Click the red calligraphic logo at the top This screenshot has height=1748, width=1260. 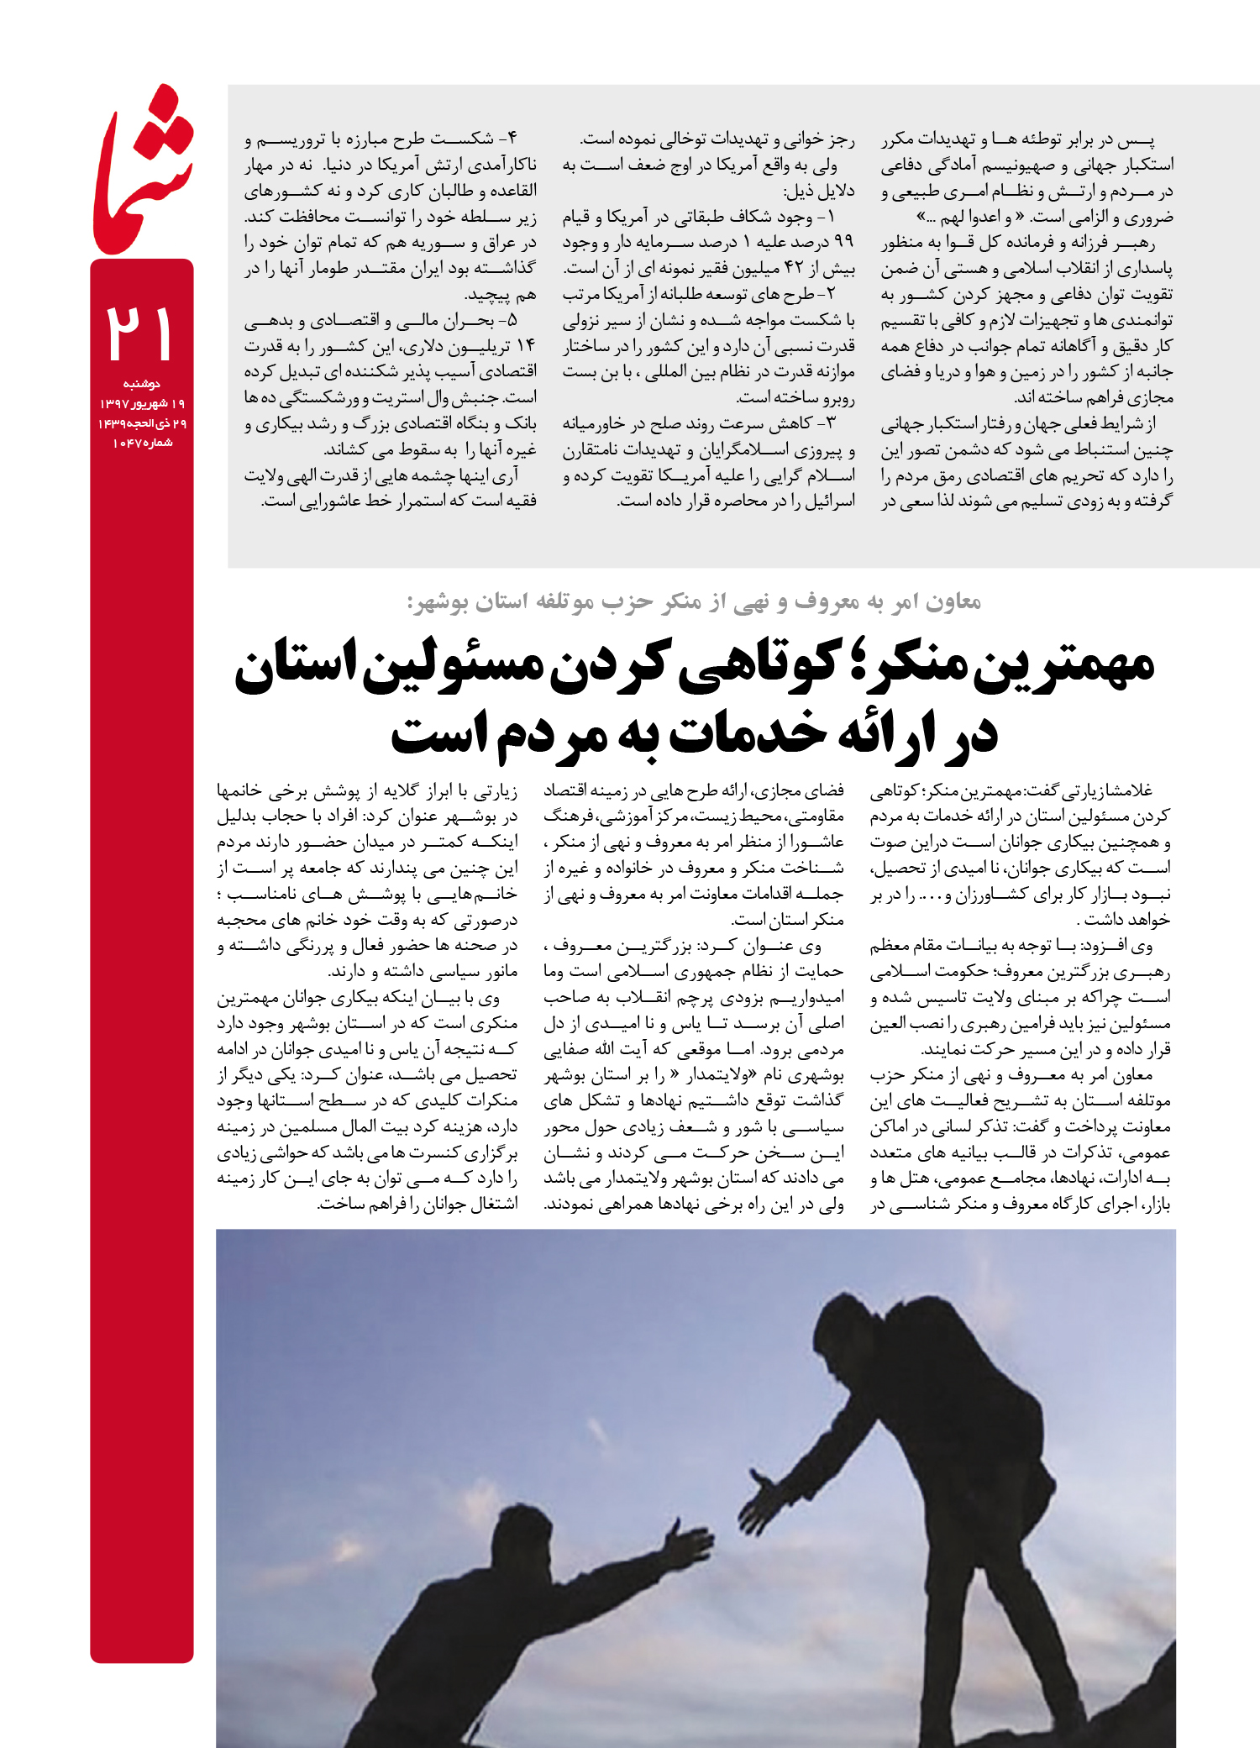point(143,172)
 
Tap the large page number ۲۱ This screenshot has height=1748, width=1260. point(139,333)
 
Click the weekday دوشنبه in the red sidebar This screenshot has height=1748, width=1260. point(141,384)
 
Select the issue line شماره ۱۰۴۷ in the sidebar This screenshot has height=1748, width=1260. point(142,443)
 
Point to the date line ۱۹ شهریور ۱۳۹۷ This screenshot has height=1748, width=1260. point(142,404)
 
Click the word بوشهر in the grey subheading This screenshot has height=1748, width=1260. point(438,602)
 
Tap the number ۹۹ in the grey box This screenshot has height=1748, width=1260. point(843,242)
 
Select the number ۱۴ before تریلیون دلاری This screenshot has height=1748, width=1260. point(526,346)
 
